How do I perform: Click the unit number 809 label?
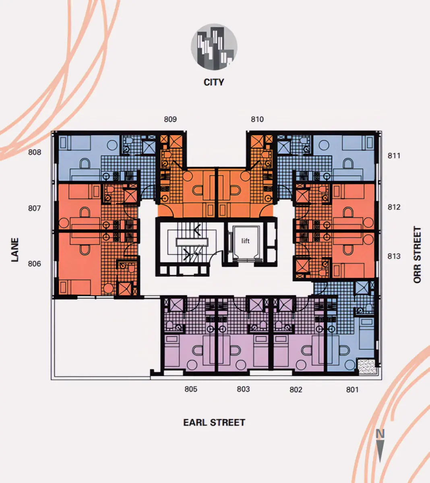[170, 119]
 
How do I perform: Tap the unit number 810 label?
[257, 119]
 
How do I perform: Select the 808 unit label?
[35, 152]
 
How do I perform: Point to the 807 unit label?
[35, 208]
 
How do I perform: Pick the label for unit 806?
[35, 264]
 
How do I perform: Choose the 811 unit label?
[394, 156]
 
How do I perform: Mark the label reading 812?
[394, 207]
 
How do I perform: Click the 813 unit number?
[394, 256]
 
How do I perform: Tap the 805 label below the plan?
[191, 389]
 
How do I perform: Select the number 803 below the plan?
[243, 389]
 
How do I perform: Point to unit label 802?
[296, 390]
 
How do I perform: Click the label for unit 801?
[352, 390]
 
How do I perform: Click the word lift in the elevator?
[246, 241]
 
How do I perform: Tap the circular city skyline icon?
[214, 47]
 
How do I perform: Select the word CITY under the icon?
[214, 83]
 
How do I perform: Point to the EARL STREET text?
[214, 423]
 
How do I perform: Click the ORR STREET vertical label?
[418, 255]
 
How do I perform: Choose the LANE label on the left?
[15, 250]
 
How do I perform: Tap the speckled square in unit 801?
[367, 367]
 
